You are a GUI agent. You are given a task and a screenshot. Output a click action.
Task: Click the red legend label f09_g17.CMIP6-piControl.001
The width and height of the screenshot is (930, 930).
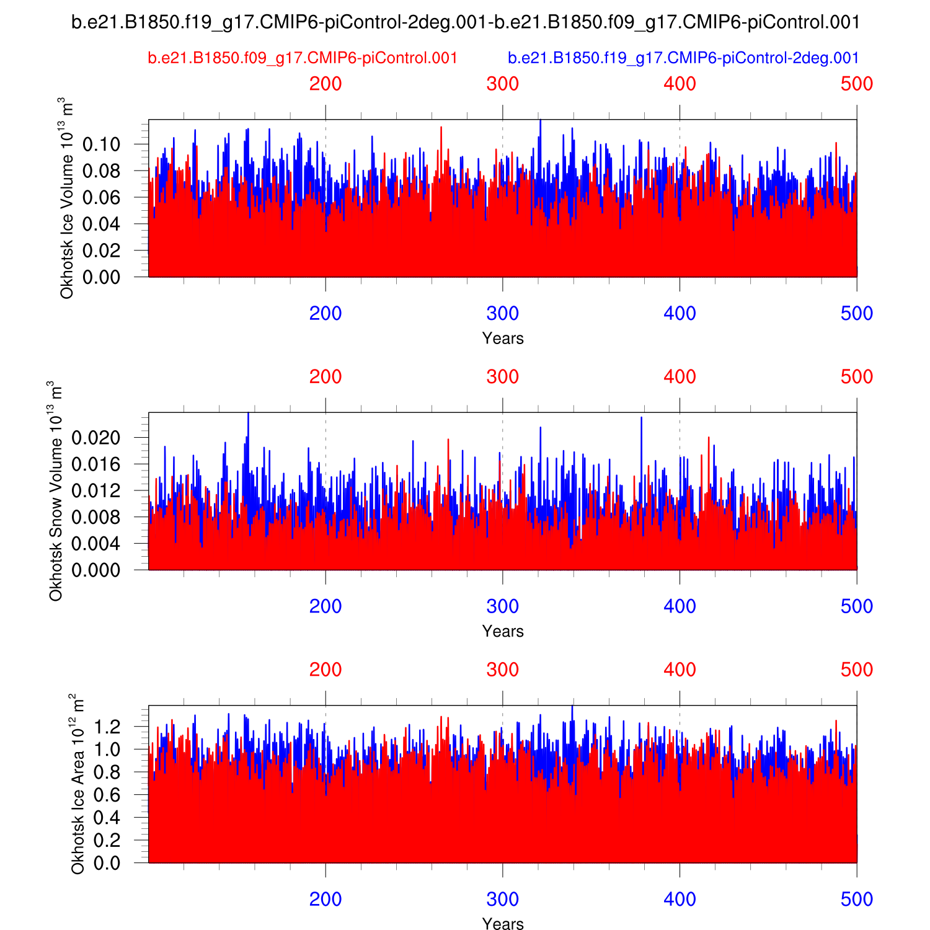(x=303, y=58)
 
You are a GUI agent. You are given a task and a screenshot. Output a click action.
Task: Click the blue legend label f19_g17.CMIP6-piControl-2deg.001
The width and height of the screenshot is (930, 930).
(x=683, y=58)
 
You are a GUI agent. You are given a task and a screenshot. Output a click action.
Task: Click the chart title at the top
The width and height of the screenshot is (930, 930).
(x=466, y=23)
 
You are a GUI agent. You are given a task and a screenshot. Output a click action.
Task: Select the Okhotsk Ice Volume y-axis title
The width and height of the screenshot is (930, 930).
(x=66, y=198)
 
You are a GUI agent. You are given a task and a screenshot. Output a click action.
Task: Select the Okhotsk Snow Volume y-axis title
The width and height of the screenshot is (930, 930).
(x=56, y=491)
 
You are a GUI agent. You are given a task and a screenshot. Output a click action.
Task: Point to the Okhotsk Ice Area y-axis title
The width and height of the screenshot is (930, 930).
(x=77, y=784)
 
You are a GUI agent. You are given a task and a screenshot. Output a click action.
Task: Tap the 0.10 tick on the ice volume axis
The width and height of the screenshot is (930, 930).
(x=101, y=144)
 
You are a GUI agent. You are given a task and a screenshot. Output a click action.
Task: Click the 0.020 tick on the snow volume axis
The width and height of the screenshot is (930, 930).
(x=95, y=438)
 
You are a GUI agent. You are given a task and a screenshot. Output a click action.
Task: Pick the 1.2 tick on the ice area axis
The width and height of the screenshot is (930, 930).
(x=107, y=726)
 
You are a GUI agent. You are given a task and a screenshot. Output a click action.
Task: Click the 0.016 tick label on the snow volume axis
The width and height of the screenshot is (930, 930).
(x=95, y=464)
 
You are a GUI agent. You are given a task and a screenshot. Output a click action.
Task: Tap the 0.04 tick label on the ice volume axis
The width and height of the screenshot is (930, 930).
(x=101, y=224)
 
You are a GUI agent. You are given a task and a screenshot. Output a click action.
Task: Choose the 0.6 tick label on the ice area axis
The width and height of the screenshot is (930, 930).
(x=107, y=795)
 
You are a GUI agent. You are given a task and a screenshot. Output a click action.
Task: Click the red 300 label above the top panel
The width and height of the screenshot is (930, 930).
(x=502, y=84)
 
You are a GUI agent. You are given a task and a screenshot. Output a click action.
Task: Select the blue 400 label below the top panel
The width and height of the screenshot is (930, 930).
(x=680, y=313)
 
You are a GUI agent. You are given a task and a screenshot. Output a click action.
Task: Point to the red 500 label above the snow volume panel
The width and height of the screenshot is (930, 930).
(x=857, y=376)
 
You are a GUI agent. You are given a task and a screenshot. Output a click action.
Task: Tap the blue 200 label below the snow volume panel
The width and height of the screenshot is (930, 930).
(x=325, y=606)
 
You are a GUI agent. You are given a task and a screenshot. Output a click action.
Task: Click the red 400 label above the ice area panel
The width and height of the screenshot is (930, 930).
(x=680, y=670)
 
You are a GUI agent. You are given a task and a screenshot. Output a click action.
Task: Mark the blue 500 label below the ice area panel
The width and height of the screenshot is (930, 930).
(x=857, y=899)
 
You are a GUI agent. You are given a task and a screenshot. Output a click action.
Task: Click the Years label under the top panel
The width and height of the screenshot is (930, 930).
(x=503, y=339)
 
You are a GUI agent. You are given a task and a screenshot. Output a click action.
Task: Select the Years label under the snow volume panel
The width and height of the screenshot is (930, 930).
(x=503, y=631)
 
